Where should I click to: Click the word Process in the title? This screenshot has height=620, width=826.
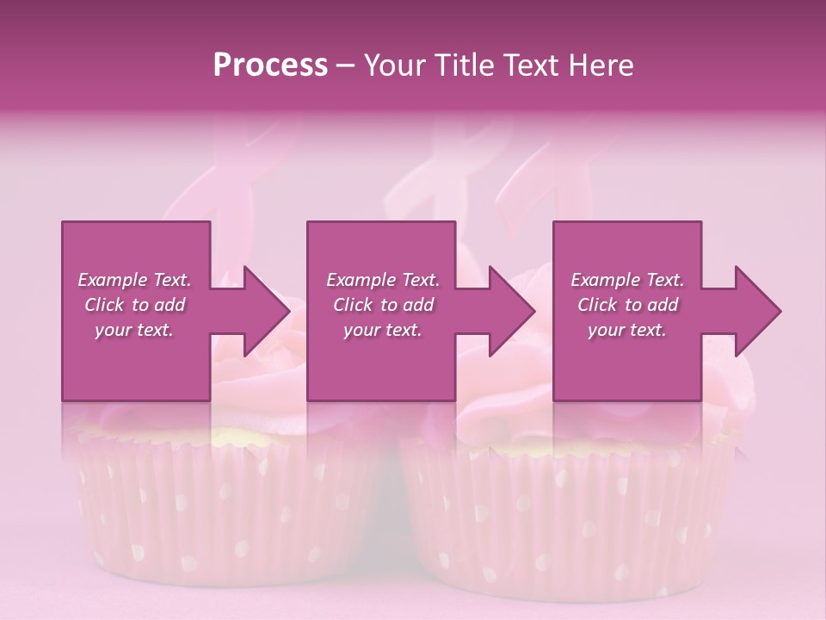click(x=270, y=65)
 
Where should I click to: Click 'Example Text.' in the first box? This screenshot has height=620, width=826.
click(x=134, y=280)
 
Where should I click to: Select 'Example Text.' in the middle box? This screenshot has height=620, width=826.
click(x=383, y=280)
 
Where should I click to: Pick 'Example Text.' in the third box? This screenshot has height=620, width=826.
click(x=627, y=280)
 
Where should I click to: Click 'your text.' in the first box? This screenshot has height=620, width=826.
click(x=134, y=330)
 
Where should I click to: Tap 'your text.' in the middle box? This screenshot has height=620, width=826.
click(x=383, y=330)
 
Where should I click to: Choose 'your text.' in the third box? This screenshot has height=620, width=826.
click(x=627, y=330)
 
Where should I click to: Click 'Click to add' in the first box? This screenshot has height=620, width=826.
click(x=134, y=305)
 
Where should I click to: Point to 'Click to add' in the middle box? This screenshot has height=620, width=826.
click(x=383, y=305)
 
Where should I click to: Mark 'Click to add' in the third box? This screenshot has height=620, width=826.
click(x=627, y=305)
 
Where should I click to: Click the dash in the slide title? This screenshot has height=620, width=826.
click(x=346, y=66)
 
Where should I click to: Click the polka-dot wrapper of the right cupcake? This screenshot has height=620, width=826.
click(x=568, y=517)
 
